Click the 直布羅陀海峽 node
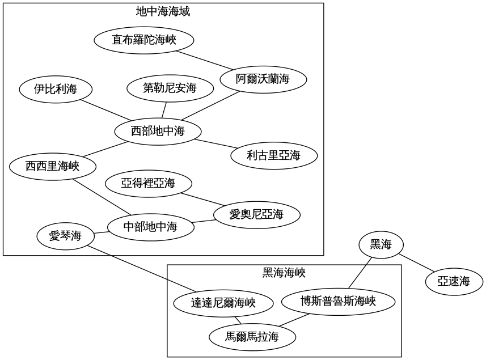(x=144, y=40)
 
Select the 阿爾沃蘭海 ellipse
(x=263, y=79)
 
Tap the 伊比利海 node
(x=56, y=88)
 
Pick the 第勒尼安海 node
(x=170, y=88)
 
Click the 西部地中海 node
(x=158, y=132)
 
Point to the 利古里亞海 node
(x=273, y=154)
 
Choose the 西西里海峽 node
(x=52, y=166)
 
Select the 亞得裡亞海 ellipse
(x=149, y=183)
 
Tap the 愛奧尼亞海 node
(x=256, y=214)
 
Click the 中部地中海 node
(x=150, y=227)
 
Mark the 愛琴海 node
(x=66, y=236)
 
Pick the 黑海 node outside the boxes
(x=381, y=245)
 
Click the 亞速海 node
(x=454, y=281)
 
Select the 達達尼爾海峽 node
(x=223, y=303)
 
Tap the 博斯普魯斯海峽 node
(x=338, y=301)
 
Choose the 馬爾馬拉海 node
(x=252, y=337)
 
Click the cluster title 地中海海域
(x=163, y=11)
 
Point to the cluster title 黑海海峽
(x=284, y=273)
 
